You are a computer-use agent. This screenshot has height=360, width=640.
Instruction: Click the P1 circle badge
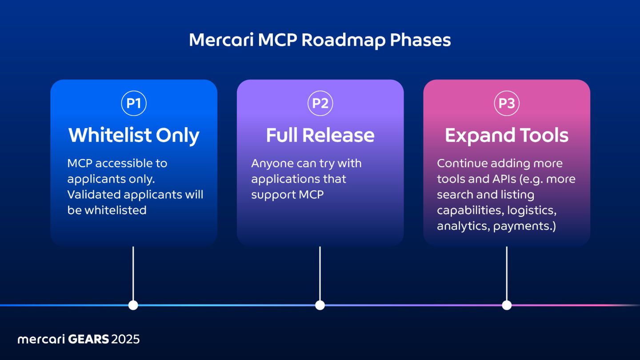click(134, 103)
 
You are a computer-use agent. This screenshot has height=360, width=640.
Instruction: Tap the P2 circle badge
click(320, 103)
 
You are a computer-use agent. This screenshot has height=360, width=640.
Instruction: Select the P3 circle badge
click(507, 103)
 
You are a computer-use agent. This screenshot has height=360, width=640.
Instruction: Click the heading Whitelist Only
click(134, 136)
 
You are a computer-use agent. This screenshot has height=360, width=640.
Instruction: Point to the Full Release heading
click(320, 136)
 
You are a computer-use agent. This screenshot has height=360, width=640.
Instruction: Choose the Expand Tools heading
click(507, 136)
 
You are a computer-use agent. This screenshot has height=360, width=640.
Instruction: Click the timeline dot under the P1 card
click(133, 305)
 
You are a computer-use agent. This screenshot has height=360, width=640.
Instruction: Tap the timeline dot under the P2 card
click(320, 305)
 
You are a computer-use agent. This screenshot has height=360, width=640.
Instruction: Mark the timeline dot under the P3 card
click(507, 305)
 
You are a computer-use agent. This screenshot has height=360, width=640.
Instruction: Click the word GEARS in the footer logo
click(88, 340)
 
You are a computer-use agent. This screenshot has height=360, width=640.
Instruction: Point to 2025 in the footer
click(126, 340)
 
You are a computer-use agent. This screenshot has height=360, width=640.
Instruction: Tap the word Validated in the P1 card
click(93, 195)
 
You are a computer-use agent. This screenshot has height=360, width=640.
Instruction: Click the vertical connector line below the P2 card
click(320, 273)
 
